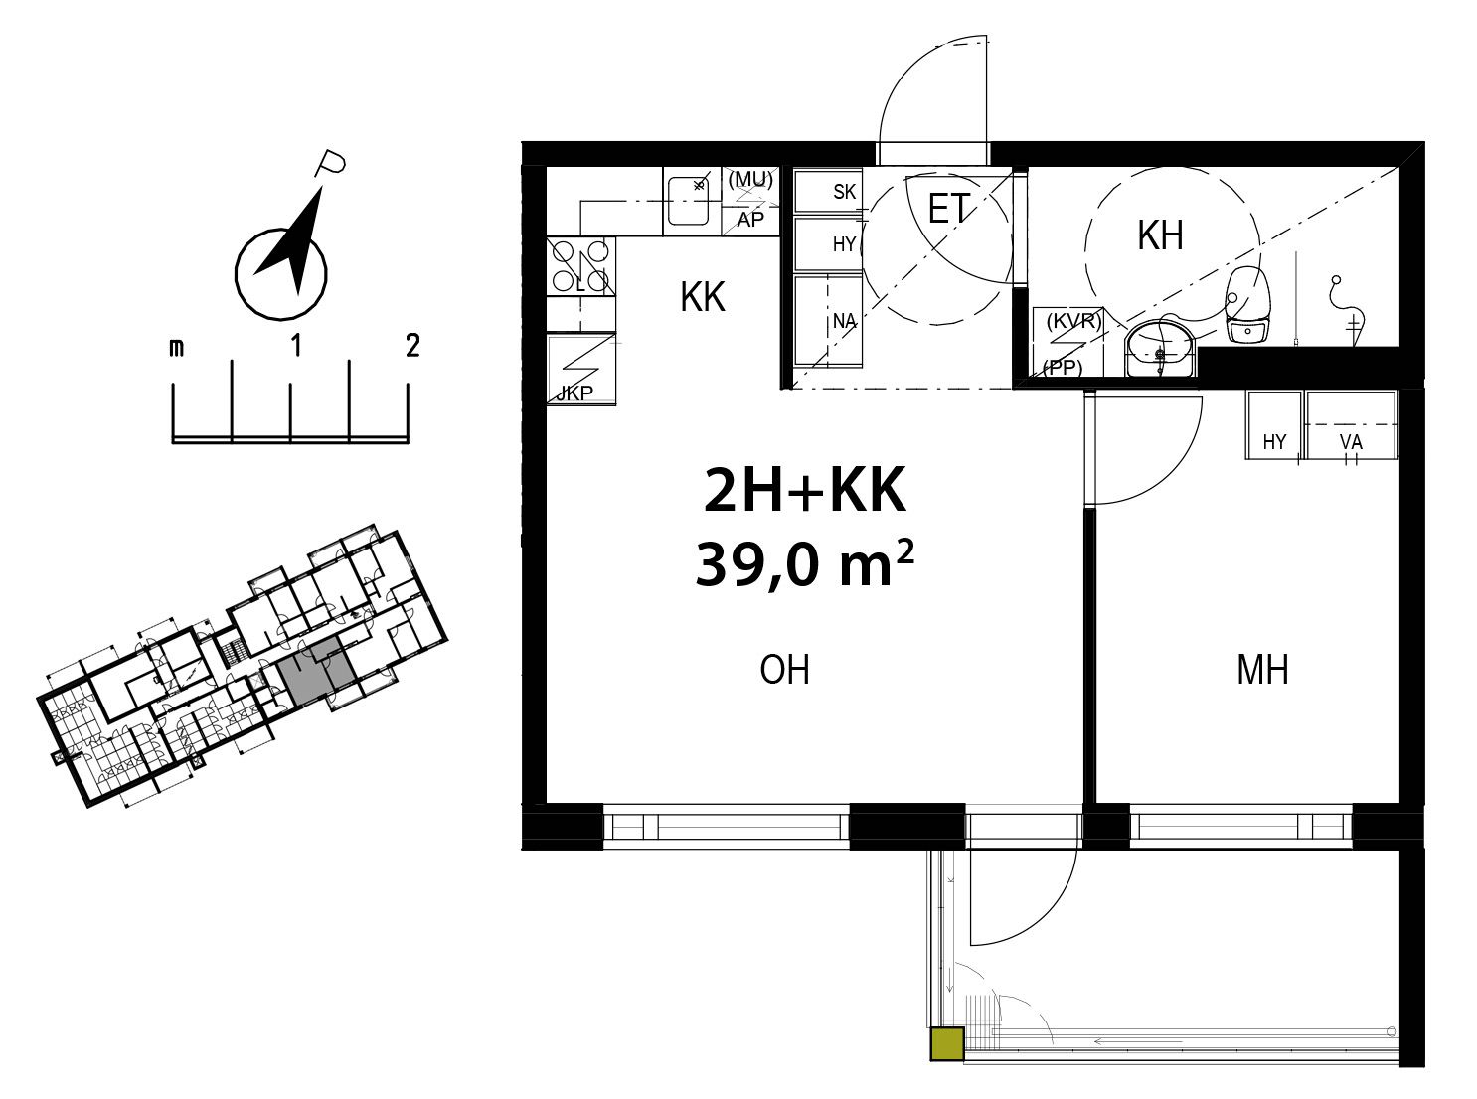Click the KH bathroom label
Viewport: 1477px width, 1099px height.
tap(1160, 235)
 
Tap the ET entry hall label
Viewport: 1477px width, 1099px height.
tap(947, 208)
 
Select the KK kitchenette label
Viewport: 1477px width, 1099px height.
tap(703, 297)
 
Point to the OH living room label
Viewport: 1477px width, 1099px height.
tap(784, 670)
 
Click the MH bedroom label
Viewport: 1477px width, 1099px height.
tap(1262, 670)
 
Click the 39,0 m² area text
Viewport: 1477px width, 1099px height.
tap(804, 564)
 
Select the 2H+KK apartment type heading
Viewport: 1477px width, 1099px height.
tap(804, 489)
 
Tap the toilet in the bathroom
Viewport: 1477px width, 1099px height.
tap(1247, 305)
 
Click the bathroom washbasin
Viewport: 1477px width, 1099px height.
tap(1161, 349)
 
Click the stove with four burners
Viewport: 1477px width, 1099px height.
tap(580, 266)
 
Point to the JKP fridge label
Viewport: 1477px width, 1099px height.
tap(574, 392)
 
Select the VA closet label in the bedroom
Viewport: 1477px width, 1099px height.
tap(1351, 442)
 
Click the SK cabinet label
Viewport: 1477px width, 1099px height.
tap(845, 192)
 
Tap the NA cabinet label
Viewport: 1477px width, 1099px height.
tap(845, 322)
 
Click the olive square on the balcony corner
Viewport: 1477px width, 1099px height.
tap(947, 1043)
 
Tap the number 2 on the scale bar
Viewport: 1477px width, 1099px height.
tap(412, 346)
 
